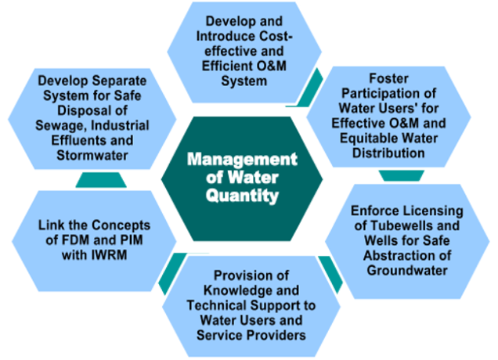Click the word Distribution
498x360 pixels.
click(x=389, y=153)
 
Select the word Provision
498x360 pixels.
click(x=242, y=276)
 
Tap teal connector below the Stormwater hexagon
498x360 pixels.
click(x=100, y=180)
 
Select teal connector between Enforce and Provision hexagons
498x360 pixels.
click(x=330, y=273)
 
